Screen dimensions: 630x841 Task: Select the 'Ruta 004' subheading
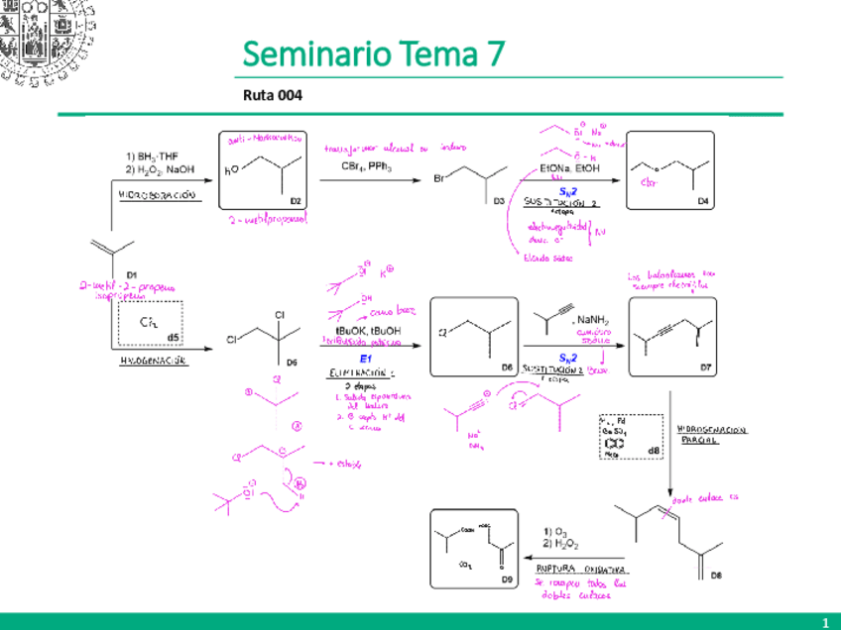coord(272,96)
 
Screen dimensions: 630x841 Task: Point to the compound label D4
coord(703,202)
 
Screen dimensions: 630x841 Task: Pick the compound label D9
coord(507,577)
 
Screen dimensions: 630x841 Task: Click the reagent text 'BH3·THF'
coord(153,157)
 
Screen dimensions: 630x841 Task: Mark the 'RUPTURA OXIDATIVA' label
coord(580,570)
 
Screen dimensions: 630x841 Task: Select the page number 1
coord(824,621)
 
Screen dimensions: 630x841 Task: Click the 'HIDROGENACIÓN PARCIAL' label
coord(712,435)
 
